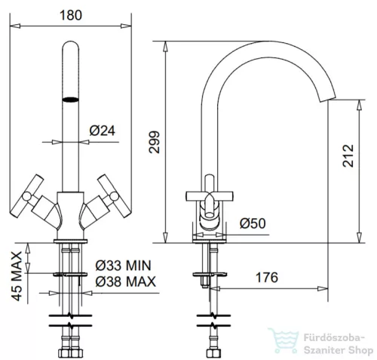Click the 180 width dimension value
click(x=71, y=15)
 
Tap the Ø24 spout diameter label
click(x=103, y=131)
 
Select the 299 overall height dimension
click(x=154, y=142)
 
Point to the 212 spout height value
click(x=348, y=155)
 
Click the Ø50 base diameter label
click(x=253, y=223)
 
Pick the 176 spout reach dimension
click(x=267, y=278)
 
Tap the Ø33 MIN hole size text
click(x=123, y=266)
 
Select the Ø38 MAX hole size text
click(x=125, y=282)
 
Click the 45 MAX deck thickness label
click(x=17, y=276)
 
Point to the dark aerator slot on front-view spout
click(x=70, y=100)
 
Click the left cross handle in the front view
click(x=27, y=195)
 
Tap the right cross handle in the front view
click(x=114, y=195)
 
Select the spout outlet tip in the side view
click(x=327, y=99)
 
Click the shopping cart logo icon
click(x=284, y=340)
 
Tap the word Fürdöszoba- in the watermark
click(x=334, y=337)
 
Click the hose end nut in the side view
click(x=213, y=352)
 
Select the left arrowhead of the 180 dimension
click(x=15, y=26)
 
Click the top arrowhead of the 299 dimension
click(x=165, y=46)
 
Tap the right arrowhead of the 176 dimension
click(x=323, y=288)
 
